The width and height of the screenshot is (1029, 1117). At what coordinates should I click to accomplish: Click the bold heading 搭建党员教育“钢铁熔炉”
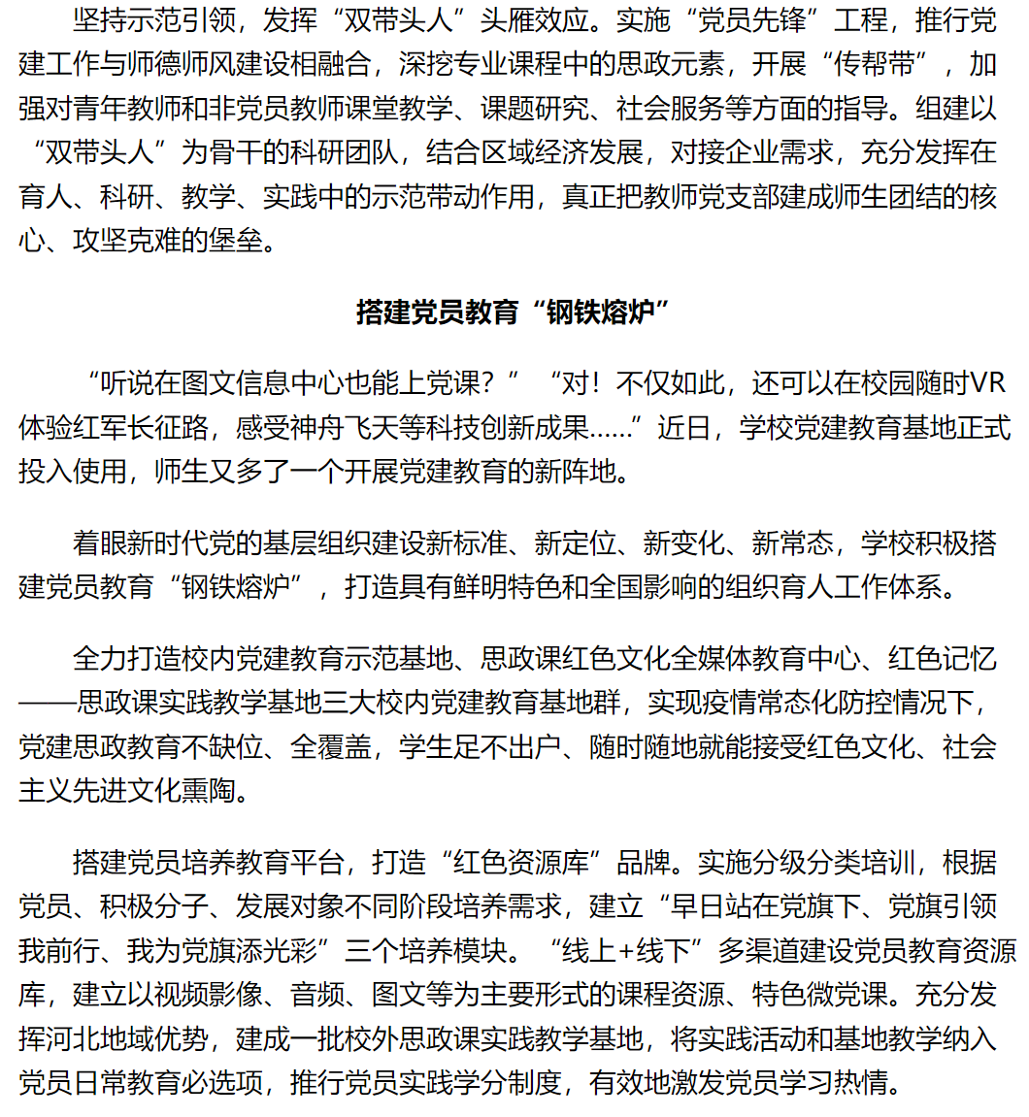[514, 314]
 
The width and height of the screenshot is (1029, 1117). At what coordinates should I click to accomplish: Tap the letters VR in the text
[989, 383]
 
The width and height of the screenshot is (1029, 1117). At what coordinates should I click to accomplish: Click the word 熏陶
[208, 791]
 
